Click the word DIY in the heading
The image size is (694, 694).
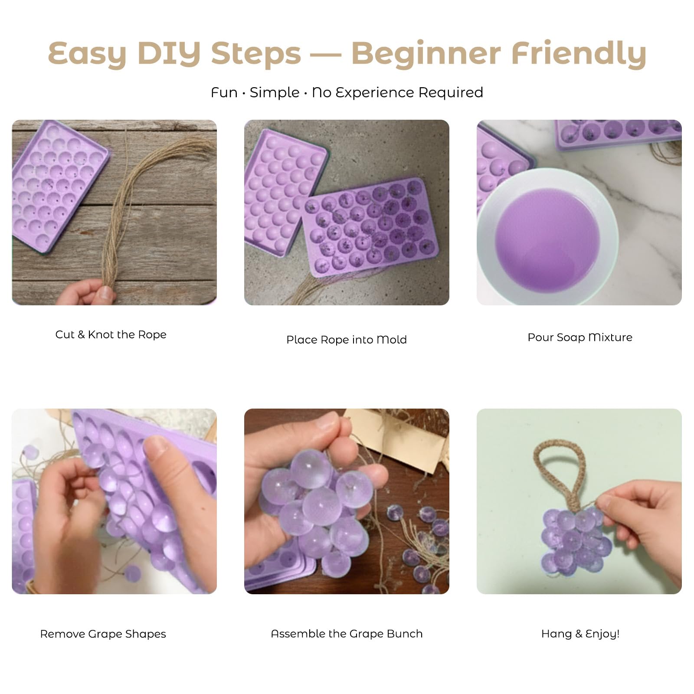pos(169,53)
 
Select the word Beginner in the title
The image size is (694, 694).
pos(426,54)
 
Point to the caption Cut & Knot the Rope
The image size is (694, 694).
pos(111,334)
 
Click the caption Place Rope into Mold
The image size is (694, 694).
pos(347,340)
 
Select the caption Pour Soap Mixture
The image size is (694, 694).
pos(580,337)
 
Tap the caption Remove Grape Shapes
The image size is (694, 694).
pos(103,634)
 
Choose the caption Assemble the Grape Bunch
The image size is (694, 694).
pos(347,634)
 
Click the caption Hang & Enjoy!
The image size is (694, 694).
pos(580,634)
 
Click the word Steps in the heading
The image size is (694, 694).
pos(256,54)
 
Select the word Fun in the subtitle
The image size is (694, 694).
pos(224,92)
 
